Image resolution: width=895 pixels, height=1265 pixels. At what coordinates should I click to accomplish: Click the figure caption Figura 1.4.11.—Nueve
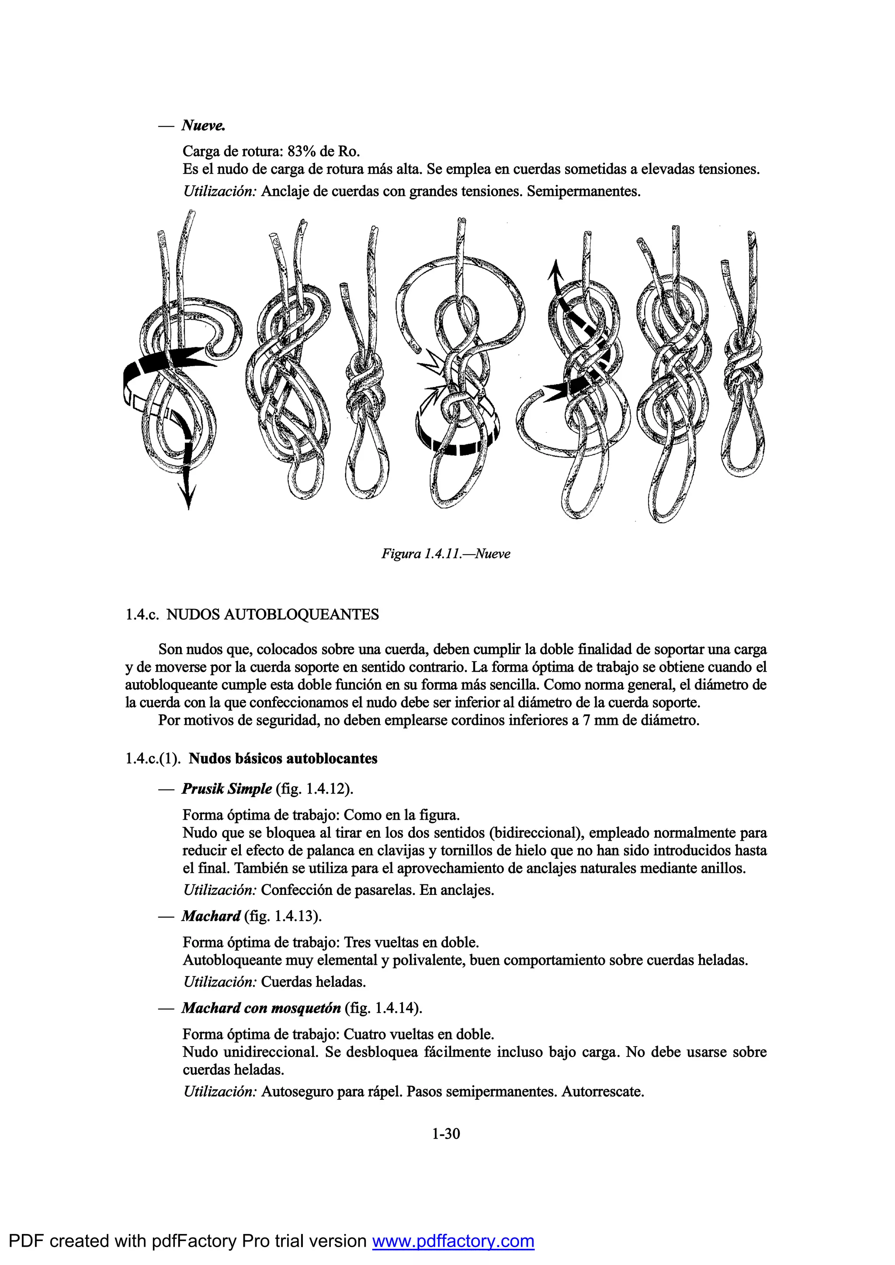[x=445, y=554]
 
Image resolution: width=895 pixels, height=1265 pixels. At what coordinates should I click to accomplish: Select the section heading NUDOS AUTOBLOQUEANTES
[x=272, y=614]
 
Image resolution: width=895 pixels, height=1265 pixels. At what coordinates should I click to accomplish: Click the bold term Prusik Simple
[x=226, y=789]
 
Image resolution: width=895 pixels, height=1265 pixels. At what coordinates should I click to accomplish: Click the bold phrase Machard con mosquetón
[x=260, y=1008]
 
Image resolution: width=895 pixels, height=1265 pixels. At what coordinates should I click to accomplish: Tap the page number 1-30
[x=446, y=1133]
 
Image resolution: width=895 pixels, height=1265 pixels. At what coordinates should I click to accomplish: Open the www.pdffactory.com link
[x=453, y=1241]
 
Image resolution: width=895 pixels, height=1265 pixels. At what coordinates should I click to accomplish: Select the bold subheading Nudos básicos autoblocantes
[x=283, y=759]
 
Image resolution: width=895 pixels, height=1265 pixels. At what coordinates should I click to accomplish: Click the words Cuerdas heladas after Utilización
[x=313, y=982]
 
